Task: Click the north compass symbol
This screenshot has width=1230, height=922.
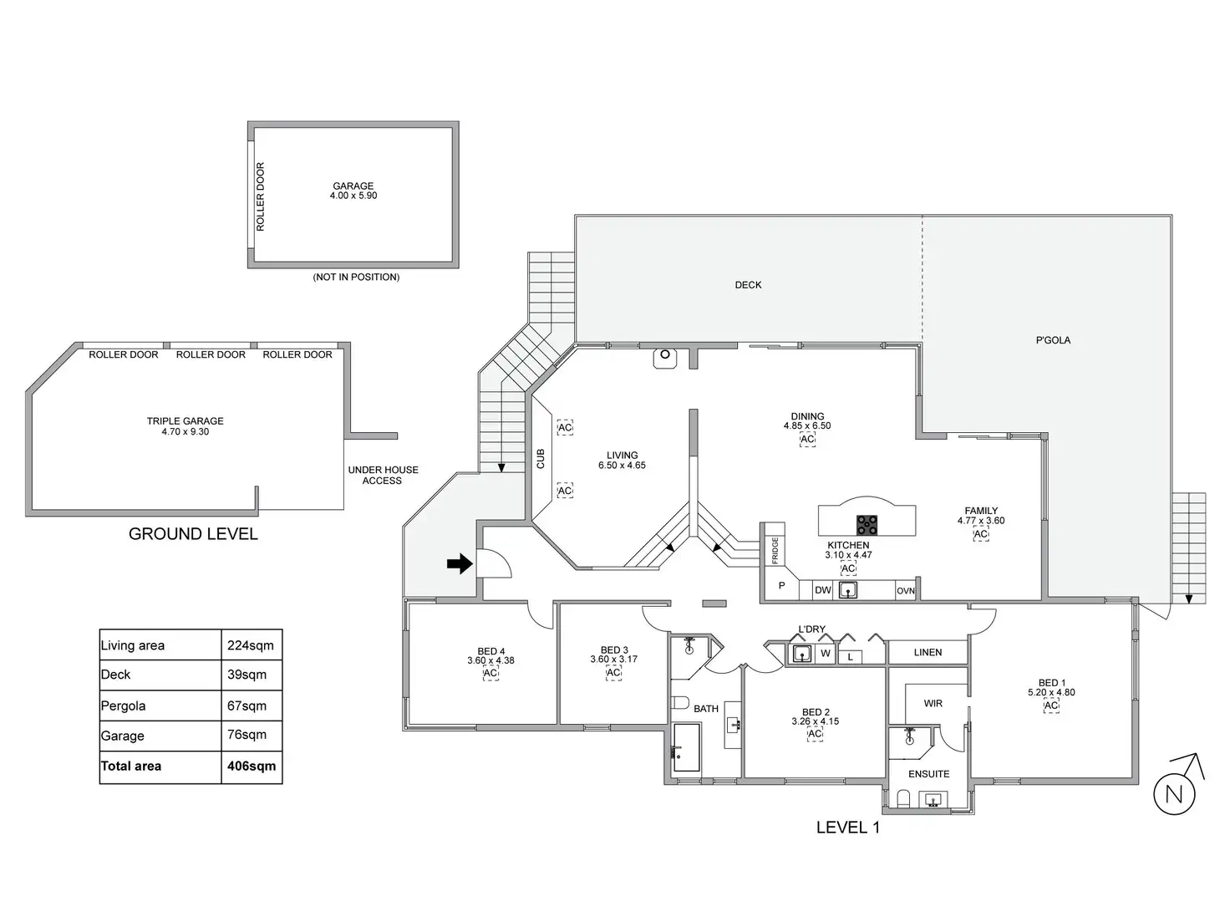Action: [x=1175, y=792]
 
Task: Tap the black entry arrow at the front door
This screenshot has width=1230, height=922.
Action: [x=459, y=564]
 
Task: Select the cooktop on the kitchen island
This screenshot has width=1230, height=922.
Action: [x=867, y=525]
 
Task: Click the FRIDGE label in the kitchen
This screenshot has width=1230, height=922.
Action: [x=775, y=550]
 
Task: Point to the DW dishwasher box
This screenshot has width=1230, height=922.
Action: [x=823, y=590]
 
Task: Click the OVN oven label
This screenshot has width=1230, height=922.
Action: [x=906, y=591]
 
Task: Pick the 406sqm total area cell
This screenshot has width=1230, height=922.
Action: [x=252, y=766]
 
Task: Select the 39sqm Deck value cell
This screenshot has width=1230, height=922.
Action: [x=247, y=675]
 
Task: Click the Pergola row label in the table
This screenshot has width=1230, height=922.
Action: [x=124, y=706]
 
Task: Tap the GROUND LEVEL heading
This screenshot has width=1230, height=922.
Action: [x=193, y=534]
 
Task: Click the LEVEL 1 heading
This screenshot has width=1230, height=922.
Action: [x=847, y=828]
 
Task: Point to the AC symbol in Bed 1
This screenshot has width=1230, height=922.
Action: [x=1051, y=706]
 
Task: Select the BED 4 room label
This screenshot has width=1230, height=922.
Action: [x=491, y=651]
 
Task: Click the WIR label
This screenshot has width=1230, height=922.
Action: [x=933, y=704]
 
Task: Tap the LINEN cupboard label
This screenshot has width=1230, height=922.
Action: [x=928, y=652]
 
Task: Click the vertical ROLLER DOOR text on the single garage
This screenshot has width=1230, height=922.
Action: [x=260, y=196]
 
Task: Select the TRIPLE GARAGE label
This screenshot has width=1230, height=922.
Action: [x=186, y=421]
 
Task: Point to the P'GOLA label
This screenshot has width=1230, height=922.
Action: [x=1053, y=340]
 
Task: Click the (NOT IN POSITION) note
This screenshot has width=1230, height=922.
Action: [x=356, y=277]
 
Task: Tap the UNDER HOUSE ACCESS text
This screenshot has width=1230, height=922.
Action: [x=383, y=475]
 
